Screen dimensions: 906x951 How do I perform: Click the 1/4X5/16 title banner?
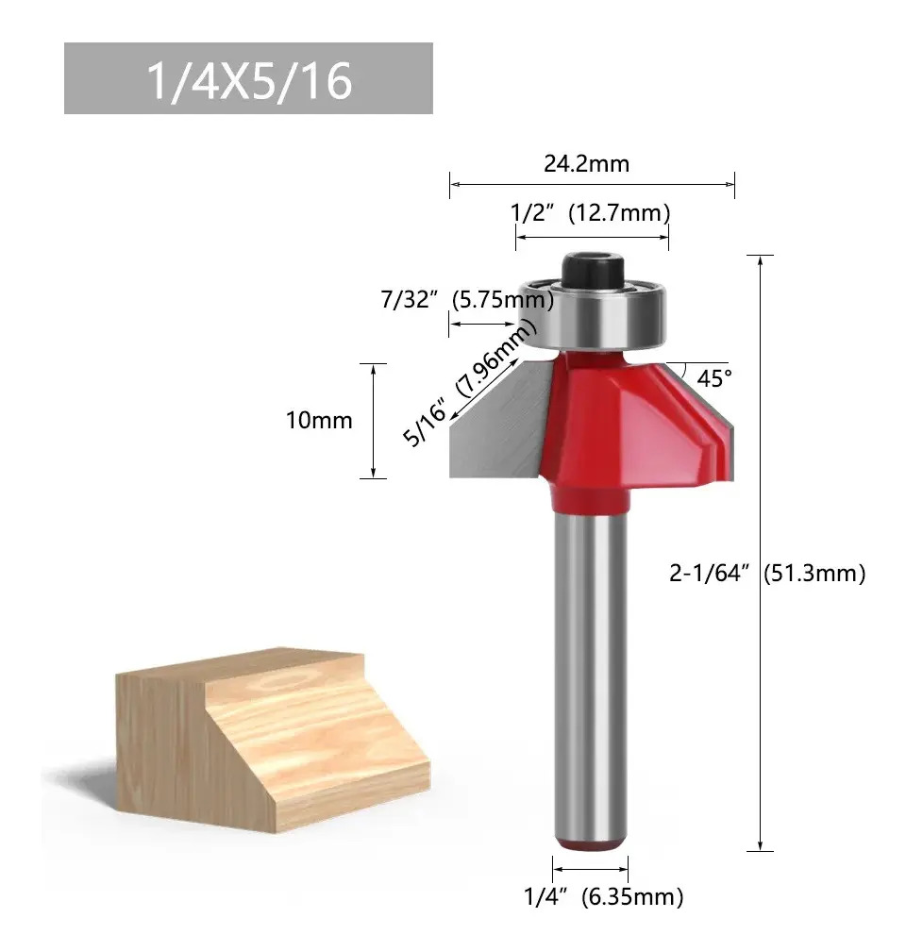(x=248, y=78)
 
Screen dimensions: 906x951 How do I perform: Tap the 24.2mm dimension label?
(x=586, y=164)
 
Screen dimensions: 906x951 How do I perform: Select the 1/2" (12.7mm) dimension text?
(x=590, y=213)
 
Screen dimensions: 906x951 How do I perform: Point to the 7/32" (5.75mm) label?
(x=467, y=300)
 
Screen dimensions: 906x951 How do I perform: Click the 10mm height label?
(x=319, y=421)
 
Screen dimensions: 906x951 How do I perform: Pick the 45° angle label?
(x=714, y=378)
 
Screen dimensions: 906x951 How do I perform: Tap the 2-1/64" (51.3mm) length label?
(x=767, y=574)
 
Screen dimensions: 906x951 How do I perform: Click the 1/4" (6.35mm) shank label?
(x=604, y=896)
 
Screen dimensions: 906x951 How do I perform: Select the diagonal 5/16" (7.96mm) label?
(x=470, y=383)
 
